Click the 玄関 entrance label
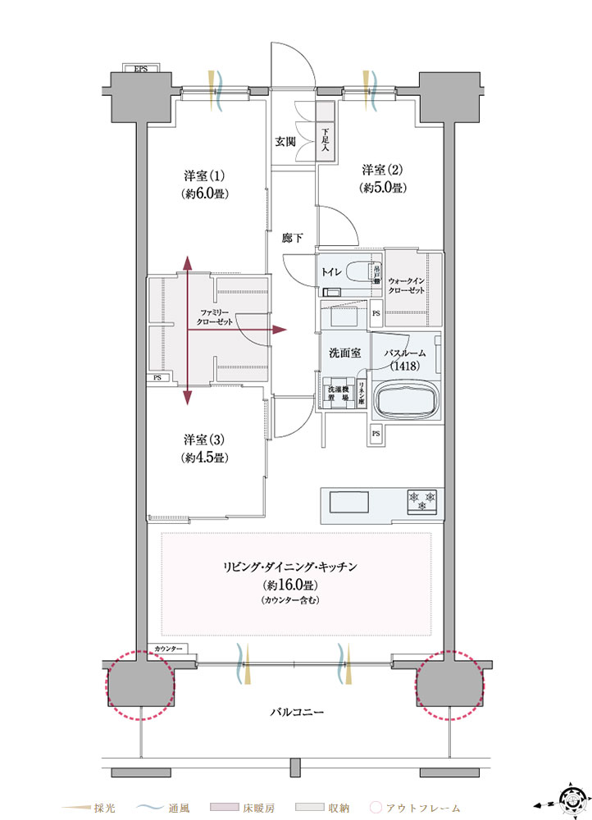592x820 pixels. tap(285, 141)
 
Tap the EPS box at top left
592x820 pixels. tap(141, 69)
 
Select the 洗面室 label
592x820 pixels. tap(345, 353)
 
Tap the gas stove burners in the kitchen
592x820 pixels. tap(421, 499)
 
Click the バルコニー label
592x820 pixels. tap(297, 712)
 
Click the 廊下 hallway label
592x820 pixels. tap(293, 239)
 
